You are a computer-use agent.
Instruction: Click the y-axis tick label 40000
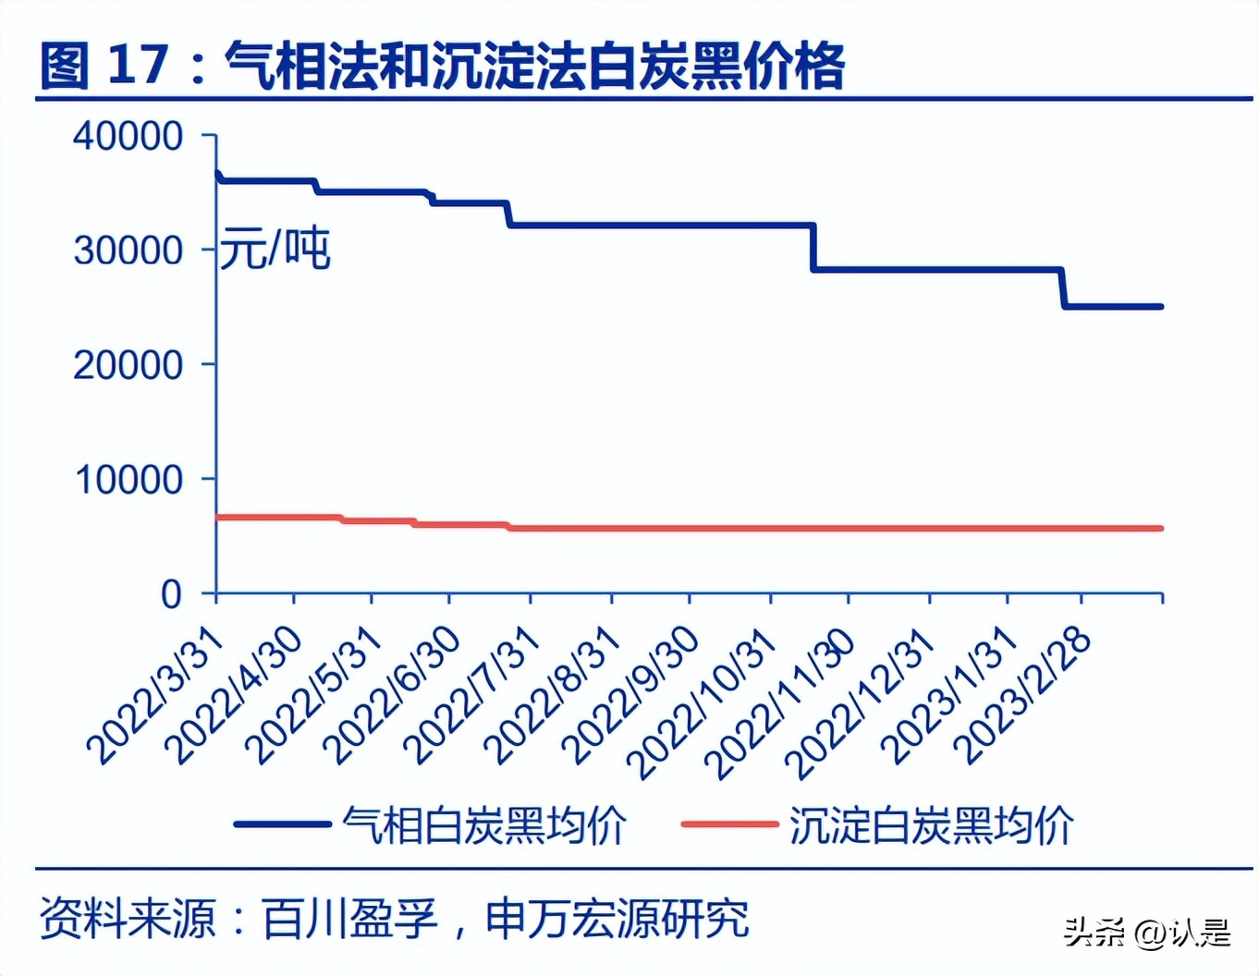click(x=128, y=137)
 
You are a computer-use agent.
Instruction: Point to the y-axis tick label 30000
click(x=128, y=250)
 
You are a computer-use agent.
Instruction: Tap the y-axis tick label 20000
click(x=128, y=366)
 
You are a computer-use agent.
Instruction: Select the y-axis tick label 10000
click(x=128, y=481)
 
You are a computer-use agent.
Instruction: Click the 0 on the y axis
click(x=171, y=594)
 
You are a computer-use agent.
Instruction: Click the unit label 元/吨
click(x=275, y=250)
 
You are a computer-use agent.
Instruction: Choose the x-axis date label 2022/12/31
click(x=864, y=702)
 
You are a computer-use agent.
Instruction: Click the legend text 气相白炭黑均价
click(x=484, y=824)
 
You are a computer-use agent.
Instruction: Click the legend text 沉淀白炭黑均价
click(x=931, y=824)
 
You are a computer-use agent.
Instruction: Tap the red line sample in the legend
click(x=729, y=823)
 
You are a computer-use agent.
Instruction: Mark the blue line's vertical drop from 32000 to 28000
click(x=813, y=247)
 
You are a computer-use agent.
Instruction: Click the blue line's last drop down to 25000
click(x=1063, y=287)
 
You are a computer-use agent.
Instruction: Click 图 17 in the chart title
click(x=105, y=67)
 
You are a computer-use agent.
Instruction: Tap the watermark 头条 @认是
click(x=1146, y=932)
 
